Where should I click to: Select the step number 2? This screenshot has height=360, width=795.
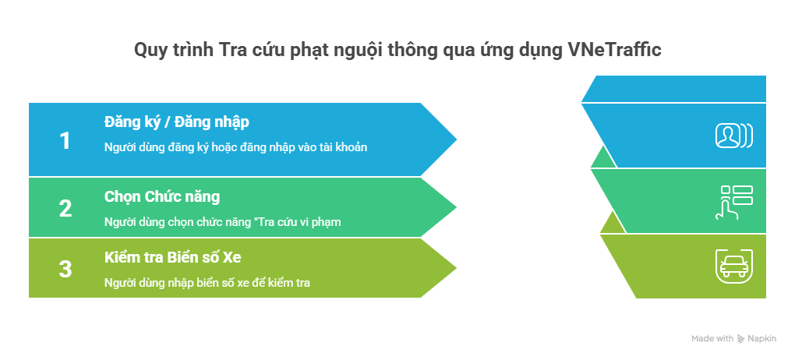[65, 208]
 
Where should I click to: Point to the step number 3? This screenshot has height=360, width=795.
[65, 270]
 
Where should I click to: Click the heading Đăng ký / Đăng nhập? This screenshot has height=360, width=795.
[176, 122]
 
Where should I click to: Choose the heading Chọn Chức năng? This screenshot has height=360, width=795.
[162, 196]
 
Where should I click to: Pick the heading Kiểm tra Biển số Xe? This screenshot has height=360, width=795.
[172, 258]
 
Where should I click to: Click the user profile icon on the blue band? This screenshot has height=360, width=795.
[734, 136]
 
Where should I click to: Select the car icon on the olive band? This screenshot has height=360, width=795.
[734, 266]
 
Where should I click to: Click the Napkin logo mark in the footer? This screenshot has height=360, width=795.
[740, 339]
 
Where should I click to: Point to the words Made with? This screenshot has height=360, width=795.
[712, 339]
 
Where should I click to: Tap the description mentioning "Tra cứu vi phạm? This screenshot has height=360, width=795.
[223, 221]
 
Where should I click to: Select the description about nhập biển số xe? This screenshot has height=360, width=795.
[207, 282]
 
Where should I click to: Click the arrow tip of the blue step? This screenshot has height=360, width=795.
[456, 139]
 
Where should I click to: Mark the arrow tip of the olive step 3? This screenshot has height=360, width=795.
[456, 268]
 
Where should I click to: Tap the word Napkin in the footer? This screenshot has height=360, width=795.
[761, 339]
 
